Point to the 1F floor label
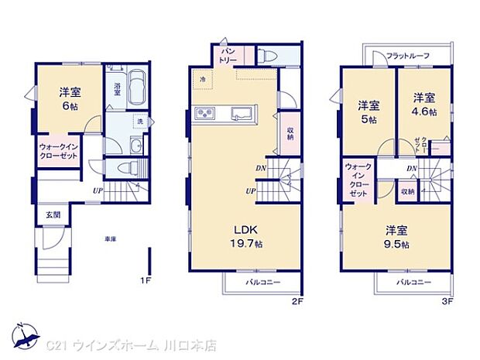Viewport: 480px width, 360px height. (x=145, y=279)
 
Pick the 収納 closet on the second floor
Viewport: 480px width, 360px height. (x=290, y=132)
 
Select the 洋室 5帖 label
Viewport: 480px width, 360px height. (x=369, y=112)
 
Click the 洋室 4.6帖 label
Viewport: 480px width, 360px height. (x=423, y=105)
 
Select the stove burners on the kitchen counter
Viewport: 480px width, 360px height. (x=208, y=115)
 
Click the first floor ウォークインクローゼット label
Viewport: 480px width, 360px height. (x=59, y=150)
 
